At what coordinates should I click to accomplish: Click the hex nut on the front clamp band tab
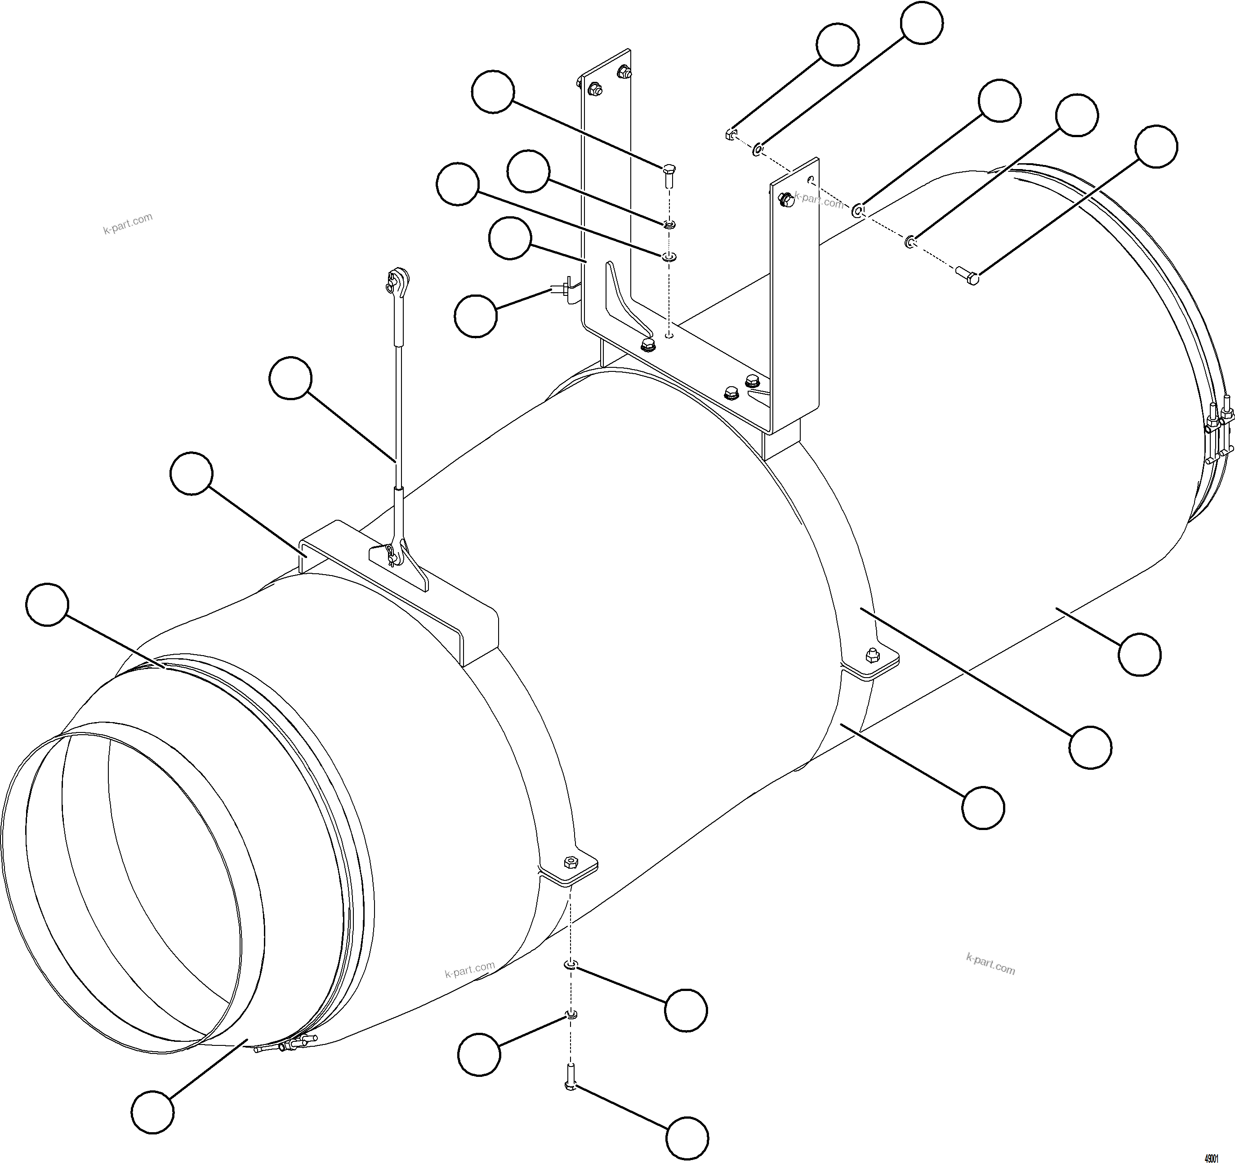pos(568,862)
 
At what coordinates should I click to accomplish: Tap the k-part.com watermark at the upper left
pos(127,223)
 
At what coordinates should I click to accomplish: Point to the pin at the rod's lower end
pos(390,552)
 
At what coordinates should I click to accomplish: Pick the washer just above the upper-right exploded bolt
pos(910,241)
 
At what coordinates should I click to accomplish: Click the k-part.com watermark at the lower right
pos(990,964)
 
